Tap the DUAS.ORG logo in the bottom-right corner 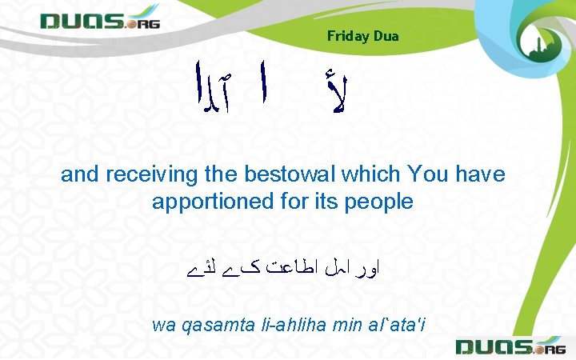point(510,346)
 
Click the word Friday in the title point(347,36)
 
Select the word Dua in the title point(386,36)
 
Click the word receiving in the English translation point(139,174)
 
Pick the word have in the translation point(480,174)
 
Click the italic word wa point(163,324)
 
